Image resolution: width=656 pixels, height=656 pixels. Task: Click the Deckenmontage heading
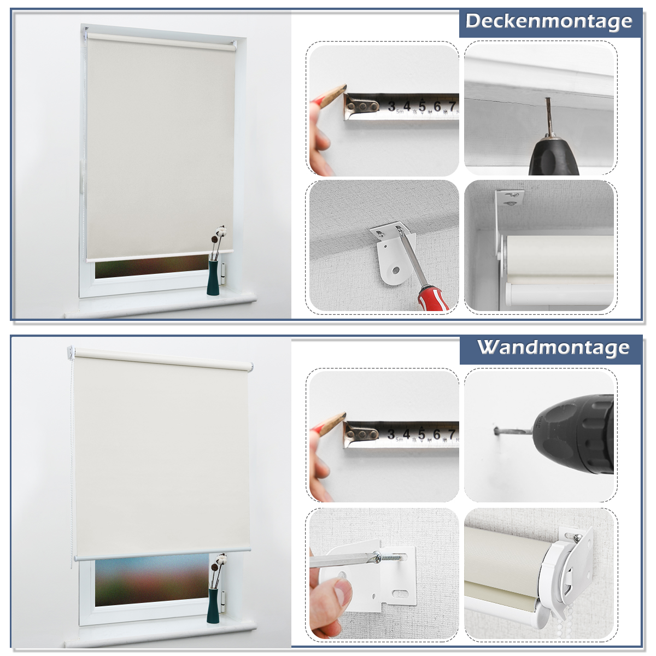coord(548,22)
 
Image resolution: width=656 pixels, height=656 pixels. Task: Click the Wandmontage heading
coord(553,348)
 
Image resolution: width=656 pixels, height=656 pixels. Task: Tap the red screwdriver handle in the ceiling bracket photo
coord(434,298)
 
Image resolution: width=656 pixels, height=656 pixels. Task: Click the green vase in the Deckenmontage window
coord(213,278)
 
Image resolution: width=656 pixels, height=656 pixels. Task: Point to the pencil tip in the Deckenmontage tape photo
coord(345,86)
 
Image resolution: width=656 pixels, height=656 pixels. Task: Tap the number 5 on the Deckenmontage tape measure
coord(422,106)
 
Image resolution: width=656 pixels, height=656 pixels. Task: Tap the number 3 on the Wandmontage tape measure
coord(391,434)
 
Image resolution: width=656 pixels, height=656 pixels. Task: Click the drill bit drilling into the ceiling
coord(548,116)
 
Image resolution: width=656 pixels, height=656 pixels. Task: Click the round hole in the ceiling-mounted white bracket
coord(395,271)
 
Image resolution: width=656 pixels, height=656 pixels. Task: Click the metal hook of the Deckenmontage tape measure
coord(361,106)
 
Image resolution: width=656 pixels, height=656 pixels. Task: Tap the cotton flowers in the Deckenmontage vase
coord(218,234)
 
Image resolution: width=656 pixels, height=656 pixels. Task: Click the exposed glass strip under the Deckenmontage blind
coord(151,266)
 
